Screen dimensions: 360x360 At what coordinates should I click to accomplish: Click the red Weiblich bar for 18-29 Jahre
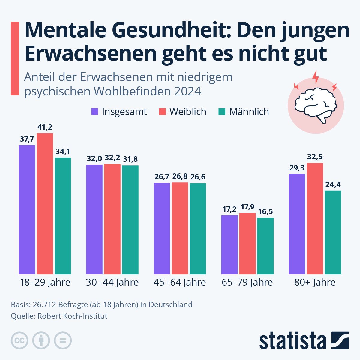(x=45, y=204)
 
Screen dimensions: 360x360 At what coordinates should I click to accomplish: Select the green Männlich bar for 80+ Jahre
(x=333, y=232)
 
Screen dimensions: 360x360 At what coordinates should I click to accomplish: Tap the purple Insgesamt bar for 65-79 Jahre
(x=229, y=245)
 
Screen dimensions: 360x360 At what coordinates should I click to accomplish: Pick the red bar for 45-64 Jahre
(x=180, y=228)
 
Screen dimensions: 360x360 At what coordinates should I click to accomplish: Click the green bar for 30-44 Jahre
(x=130, y=220)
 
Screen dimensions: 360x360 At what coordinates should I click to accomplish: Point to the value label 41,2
(x=45, y=127)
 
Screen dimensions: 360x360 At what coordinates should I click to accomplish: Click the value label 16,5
(x=265, y=212)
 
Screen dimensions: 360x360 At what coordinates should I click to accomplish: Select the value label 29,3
(x=297, y=168)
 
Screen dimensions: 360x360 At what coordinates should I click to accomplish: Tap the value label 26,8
(x=180, y=176)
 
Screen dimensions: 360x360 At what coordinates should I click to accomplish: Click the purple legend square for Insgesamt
(x=95, y=112)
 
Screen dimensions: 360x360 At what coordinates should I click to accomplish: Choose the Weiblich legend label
(x=188, y=112)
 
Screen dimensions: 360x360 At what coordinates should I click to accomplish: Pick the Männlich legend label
(x=249, y=112)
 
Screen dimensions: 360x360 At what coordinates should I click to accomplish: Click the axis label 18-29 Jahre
(x=45, y=282)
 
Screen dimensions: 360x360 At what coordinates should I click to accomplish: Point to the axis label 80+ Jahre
(x=315, y=282)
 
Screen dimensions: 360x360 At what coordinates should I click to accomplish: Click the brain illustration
(x=316, y=106)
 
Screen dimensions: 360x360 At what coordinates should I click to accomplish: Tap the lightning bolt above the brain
(x=316, y=77)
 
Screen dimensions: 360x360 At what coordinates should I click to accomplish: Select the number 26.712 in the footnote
(x=44, y=305)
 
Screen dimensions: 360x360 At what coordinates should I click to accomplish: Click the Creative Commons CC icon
(x=19, y=340)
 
